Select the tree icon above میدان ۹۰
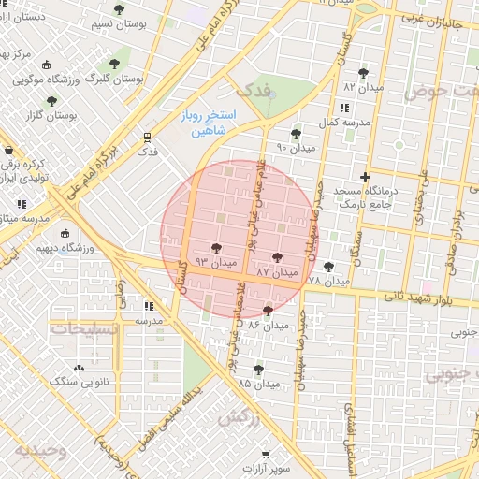[x=296, y=134]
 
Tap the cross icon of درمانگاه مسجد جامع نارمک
[x=365, y=177]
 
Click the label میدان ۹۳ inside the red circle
[x=215, y=264]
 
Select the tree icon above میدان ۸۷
[x=276, y=257]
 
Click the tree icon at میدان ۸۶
[x=269, y=311]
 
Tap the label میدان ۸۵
[x=259, y=384]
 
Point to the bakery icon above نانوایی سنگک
[x=78, y=368]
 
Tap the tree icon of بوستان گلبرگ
[x=114, y=65]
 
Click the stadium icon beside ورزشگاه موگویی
[x=47, y=65]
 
